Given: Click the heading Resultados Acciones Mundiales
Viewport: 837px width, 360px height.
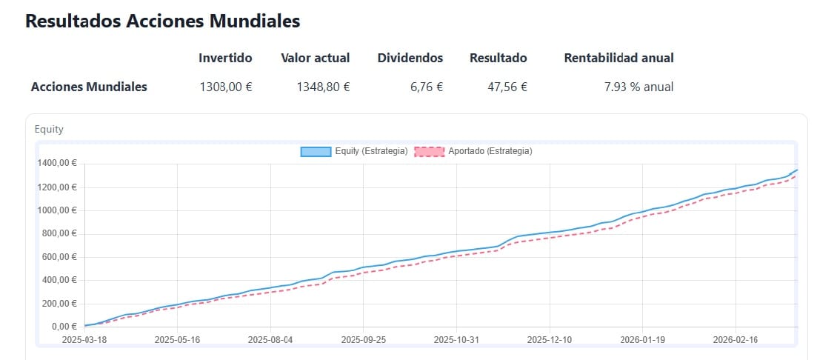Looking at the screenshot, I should click(x=162, y=21).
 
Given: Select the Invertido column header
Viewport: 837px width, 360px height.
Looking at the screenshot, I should click(x=225, y=58).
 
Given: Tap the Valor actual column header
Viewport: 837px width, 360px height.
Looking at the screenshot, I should click(x=315, y=58).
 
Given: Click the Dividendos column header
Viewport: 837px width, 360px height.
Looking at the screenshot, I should click(x=410, y=58).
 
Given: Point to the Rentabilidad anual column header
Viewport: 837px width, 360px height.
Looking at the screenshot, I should click(x=618, y=58).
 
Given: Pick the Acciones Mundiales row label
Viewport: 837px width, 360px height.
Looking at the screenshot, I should click(x=89, y=87).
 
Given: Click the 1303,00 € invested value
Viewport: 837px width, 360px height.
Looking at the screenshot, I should click(x=225, y=87).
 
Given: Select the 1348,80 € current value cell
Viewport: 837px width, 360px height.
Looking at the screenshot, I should click(x=323, y=87).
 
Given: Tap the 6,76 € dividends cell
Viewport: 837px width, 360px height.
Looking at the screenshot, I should click(x=426, y=87).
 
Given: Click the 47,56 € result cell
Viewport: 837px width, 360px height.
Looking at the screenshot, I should click(x=507, y=87).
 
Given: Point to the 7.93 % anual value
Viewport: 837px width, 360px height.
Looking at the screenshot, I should click(x=638, y=87).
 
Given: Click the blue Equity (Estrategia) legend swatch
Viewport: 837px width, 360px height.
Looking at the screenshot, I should click(x=316, y=152).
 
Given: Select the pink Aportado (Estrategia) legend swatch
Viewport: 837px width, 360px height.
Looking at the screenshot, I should click(x=429, y=152).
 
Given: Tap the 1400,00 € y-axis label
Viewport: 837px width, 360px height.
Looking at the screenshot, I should click(x=57, y=164).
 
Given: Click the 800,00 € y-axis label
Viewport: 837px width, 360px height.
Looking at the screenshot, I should click(x=59, y=233).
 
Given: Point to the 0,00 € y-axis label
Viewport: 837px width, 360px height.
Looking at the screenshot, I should click(x=64, y=327).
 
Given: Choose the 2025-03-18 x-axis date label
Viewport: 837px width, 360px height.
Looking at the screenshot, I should click(x=84, y=340).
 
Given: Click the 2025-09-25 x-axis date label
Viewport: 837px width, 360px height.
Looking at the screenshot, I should click(x=364, y=340).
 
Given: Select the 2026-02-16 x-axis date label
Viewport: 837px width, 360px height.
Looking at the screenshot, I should click(x=736, y=340).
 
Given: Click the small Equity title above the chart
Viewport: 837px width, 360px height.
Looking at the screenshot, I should click(x=49, y=129).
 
